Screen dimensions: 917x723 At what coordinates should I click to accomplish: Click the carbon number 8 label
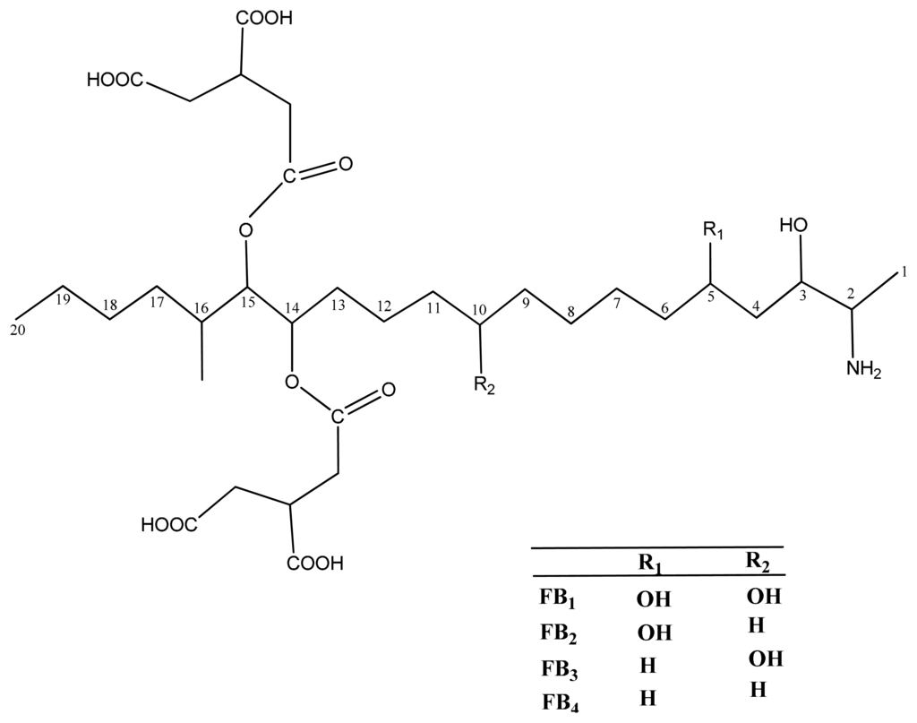pos(571,313)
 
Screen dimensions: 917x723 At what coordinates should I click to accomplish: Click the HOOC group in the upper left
pos(115,82)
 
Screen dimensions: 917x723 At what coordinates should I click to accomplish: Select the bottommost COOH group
pos(315,564)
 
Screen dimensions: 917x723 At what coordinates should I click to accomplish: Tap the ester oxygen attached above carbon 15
pos(246,230)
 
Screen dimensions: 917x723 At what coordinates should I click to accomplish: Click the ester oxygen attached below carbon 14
pos(291,383)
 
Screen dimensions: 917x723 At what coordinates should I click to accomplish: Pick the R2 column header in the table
pos(758,562)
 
